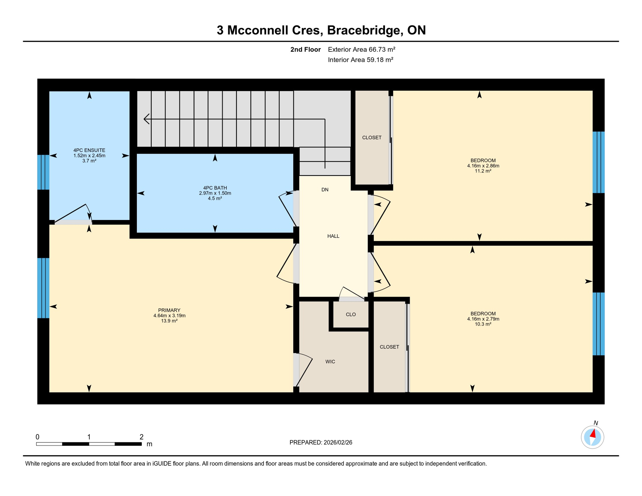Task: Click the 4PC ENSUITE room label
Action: pos(89,150)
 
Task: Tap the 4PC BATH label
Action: pos(215,188)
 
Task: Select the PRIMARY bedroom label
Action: pos(169,310)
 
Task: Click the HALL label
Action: pos(333,236)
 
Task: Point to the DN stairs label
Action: pos(325,190)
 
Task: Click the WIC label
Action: pos(330,362)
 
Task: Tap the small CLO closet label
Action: pos(351,315)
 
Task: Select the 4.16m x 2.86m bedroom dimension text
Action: pos(483,166)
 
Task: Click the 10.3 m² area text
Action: pos(483,324)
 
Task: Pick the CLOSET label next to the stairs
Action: pos(372,138)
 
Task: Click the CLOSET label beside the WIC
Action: pos(389,347)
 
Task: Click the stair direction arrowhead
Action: pos(146,119)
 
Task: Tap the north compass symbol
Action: pos(592,437)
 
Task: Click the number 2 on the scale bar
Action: pos(141,437)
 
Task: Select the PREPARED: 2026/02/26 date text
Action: pos(321,442)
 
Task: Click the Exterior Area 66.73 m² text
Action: pos(361,49)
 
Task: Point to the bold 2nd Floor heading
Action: pos(305,49)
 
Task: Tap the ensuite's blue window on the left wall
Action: pos(43,172)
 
